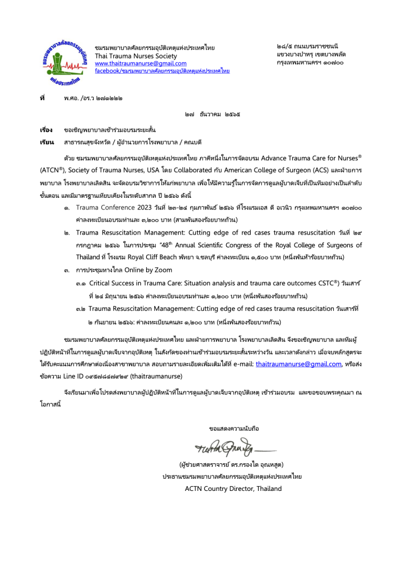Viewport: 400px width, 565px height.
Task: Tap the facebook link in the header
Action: click(x=162, y=70)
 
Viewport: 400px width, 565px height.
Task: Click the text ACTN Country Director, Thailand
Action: click(x=233, y=488)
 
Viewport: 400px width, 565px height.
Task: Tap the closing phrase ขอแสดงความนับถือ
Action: click(x=233, y=428)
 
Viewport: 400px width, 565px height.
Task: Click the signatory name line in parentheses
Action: click(x=232, y=465)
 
